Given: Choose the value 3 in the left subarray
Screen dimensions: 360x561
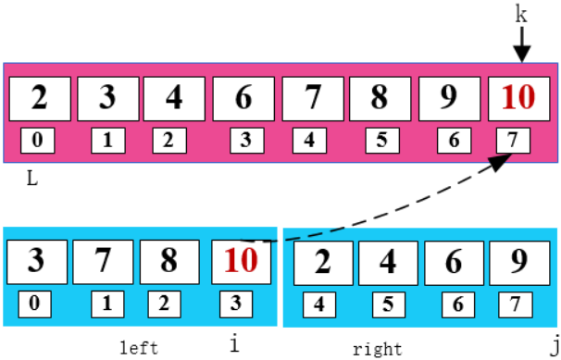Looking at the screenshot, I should point(36,261).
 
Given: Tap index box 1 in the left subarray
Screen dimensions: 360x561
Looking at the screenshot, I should point(106,302).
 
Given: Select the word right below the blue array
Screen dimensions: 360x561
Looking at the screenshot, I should point(377,349).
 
